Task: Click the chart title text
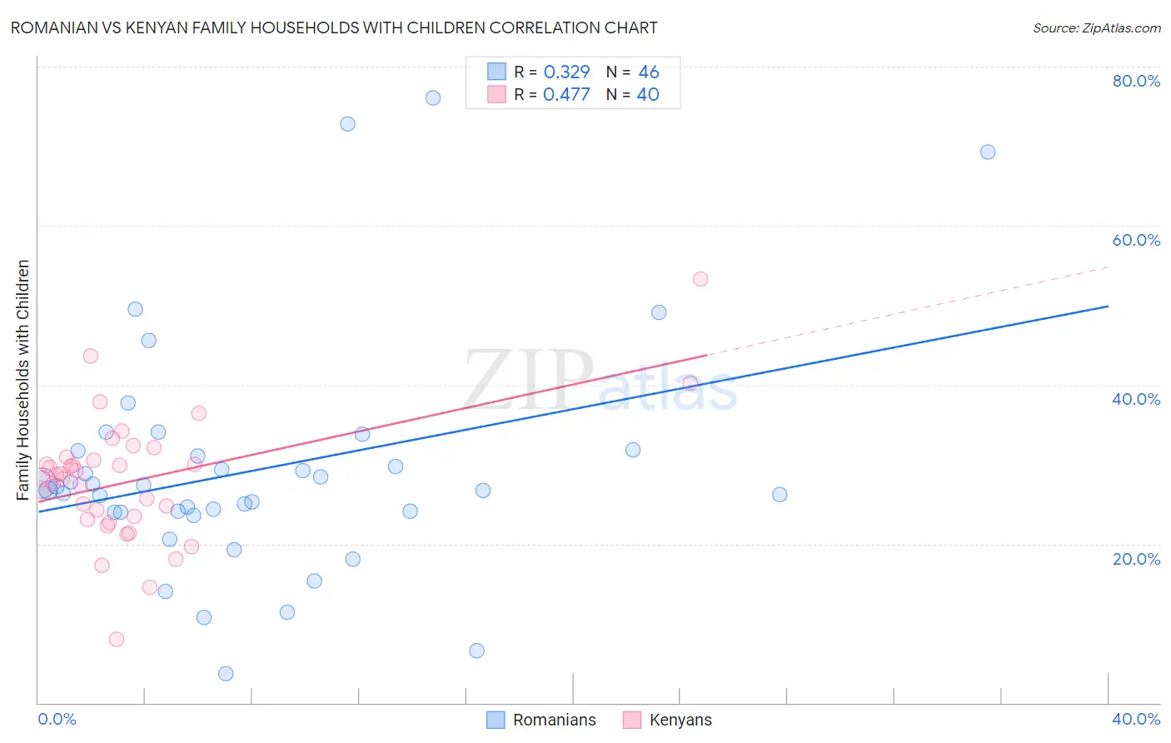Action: click(334, 27)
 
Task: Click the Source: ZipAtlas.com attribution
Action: click(1096, 27)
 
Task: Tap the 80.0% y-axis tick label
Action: click(1136, 81)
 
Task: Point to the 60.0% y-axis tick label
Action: click(1136, 240)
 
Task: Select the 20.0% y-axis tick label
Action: click(1136, 558)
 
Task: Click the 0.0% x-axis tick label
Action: click(57, 719)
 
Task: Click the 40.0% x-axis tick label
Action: click(1136, 719)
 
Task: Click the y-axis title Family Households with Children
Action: click(23, 380)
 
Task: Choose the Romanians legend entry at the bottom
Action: click(542, 720)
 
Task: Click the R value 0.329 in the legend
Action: click(566, 72)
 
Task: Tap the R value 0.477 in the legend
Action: click(566, 94)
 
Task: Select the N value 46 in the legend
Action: click(648, 72)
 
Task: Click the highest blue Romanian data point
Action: click(433, 97)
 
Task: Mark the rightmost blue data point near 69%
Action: click(988, 152)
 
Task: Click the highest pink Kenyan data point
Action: click(700, 279)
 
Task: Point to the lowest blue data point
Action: click(226, 674)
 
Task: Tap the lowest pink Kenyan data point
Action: click(117, 639)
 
